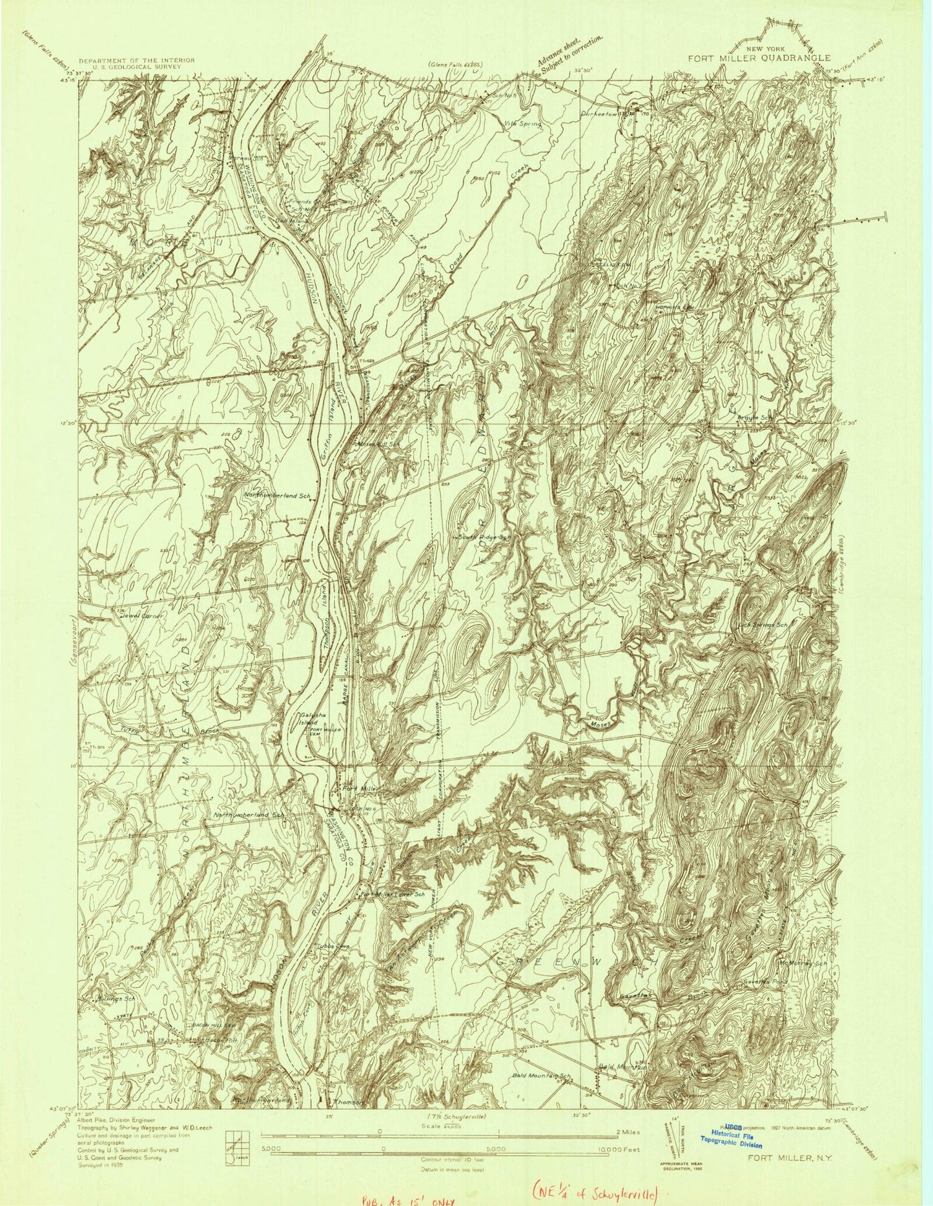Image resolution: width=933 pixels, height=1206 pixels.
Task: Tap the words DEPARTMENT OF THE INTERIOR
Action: [x=136, y=60]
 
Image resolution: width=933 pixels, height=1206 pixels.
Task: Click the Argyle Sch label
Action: [x=755, y=417]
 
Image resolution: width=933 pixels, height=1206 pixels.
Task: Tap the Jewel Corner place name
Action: [x=143, y=616]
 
